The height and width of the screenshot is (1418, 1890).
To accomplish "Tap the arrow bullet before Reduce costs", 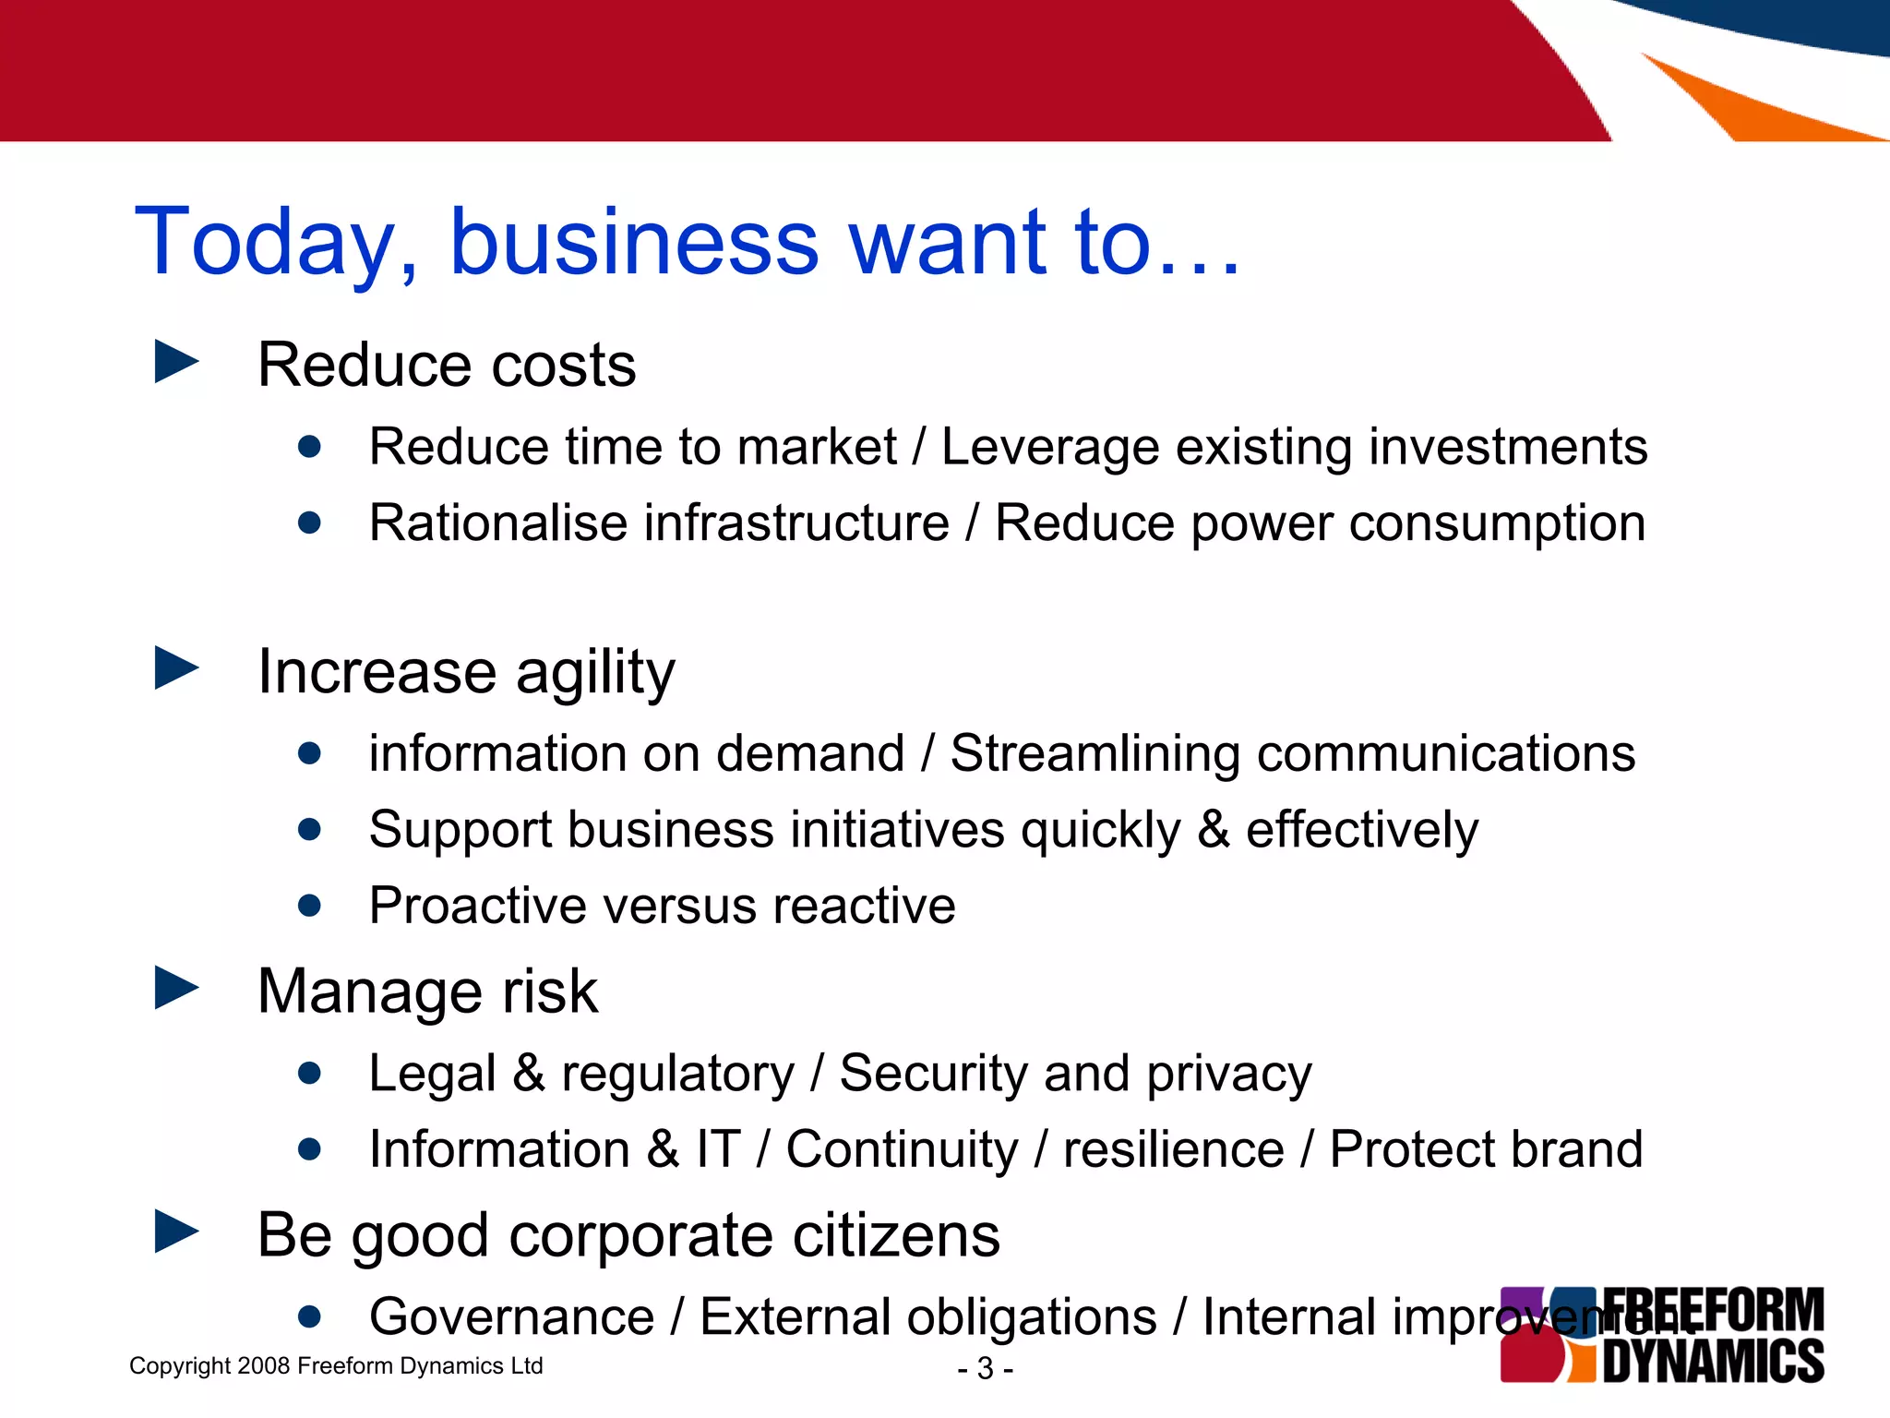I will coord(176,362).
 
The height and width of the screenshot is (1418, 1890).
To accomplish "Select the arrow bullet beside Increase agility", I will coord(176,667).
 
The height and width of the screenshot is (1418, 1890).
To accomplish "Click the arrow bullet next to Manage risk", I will coord(176,988).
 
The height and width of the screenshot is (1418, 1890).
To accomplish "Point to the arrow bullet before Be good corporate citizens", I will coord(176,1232).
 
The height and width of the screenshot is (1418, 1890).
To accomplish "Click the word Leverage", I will coord(1049,449).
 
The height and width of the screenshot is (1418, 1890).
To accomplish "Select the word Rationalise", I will coord(498,523).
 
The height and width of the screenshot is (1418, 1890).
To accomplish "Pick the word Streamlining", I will coord(1095,754).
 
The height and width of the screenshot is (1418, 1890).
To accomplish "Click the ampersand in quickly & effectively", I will coord(1213,829).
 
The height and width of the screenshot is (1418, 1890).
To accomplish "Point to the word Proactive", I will coord(477,906).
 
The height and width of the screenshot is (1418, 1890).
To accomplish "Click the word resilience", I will coord(1173,1150).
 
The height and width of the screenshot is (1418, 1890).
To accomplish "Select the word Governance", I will coord(511,1317).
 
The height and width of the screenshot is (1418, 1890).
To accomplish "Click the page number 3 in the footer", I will coord(985,1368).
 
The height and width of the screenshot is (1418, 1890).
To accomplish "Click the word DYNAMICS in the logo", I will coord(1713,1361).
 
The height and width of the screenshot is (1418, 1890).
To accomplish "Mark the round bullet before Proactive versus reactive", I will coord(310,906).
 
